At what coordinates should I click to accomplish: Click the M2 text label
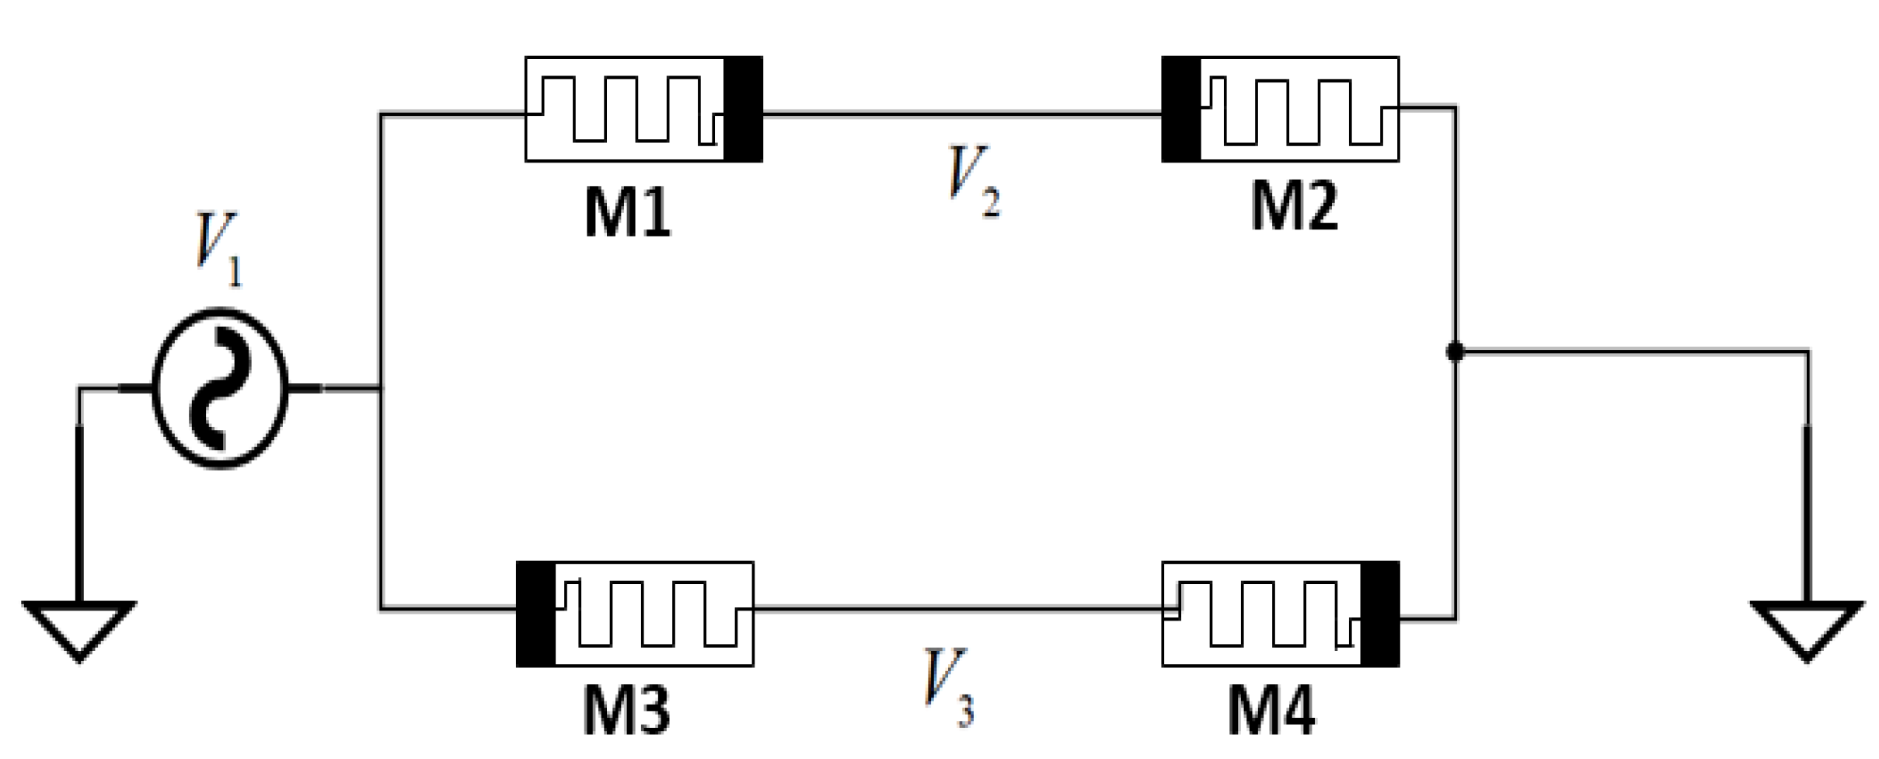pyautogui.click(x=1294, y=206)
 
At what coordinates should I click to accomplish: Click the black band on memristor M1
pyautogui.click(x=743, y=109)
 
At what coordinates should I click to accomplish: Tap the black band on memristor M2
pyautogui.click(x=1180, y=109)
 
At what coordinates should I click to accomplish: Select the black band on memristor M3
pyautogui.click(x=536, y=614)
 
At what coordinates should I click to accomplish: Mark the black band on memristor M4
pyautogui.click(x=1380, y=614)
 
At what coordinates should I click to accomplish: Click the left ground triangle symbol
pyautogui.click(x=79, y=627)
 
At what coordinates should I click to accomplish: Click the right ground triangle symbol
pyautogui.click(x=1807, y=627)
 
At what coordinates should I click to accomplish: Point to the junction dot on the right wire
pyautogui.click(x=1455, y=352)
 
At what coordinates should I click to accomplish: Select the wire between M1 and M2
pyautogui.click(x=962, y=114)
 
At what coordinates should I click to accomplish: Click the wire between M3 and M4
pyautogui.click(x=957, y=609)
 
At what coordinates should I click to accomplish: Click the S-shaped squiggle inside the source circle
pyautogui.click(x=220, y=389)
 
